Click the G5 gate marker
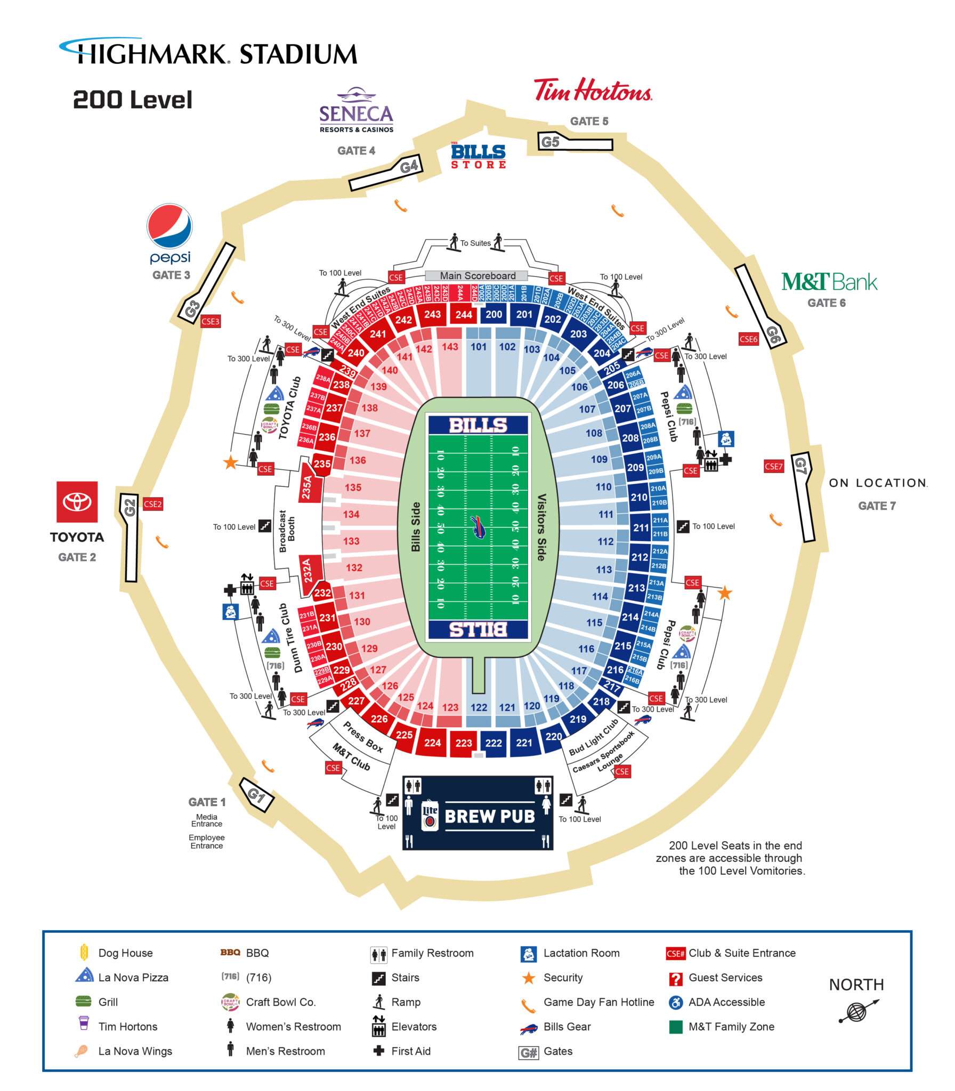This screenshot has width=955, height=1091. (551, 142)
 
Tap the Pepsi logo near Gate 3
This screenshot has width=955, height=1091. (169, 226)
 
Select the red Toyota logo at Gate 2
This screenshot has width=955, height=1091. (77, 502)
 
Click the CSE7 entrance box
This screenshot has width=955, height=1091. (774, 467)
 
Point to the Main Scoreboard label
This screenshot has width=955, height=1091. (477, 276)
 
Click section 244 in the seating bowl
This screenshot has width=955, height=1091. (464, 314)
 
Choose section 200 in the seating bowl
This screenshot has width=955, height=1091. (493, 314)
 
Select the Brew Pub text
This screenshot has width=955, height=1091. (489, 817)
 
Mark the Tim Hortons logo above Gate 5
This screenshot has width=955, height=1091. (593, 90)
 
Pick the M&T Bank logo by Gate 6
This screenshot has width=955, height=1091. (829, 282)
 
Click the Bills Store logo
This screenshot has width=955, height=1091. (478, 156)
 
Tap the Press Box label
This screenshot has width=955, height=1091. (362, 737)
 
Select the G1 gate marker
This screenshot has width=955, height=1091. (257, 795)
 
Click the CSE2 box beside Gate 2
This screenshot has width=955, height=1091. (152, 504)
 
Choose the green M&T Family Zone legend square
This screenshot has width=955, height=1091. (676, 1027)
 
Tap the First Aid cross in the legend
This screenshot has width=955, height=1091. (378, 1051)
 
